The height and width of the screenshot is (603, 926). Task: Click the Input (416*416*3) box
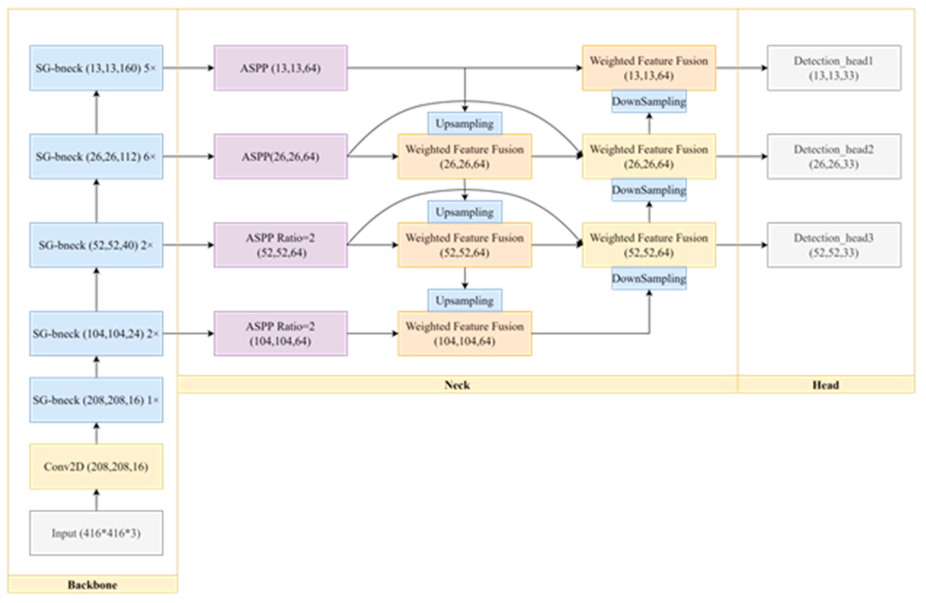pyautogui.click(x=96, y=533)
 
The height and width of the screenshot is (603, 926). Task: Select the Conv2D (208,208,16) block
pyautogui.click(x=96, y=466)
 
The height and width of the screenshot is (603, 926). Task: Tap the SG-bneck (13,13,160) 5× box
pyautogui.click(x=96, y=68)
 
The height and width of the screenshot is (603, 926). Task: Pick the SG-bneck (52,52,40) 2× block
pyautogui.click(x=96, y=245)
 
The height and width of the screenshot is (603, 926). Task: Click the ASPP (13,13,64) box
pyautogui.click(x=280, y=68)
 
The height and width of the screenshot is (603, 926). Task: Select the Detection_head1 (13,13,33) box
pyautogui.click(x=834, y=68)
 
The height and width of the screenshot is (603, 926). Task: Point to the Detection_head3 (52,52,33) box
pyautogui.click(x=834, y=245)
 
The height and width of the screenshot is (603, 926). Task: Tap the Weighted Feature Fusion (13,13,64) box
pyautogui.click(x=649, y=68)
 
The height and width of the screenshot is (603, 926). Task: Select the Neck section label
pyautogui.click(x=457, y=385)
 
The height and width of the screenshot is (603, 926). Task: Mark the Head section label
pyautogui.click(x=826, y=385)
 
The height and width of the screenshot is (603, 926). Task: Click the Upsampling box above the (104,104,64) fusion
pyautogui.click(x=465, y=300)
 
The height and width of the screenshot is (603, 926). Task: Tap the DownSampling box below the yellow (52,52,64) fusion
pyautogui.click(x=649, y=278)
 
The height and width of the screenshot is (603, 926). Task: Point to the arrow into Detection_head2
pyautogui.click(x=741, y=156)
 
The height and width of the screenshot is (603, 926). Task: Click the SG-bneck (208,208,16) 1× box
pyautogui.click(x=96, y=400)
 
